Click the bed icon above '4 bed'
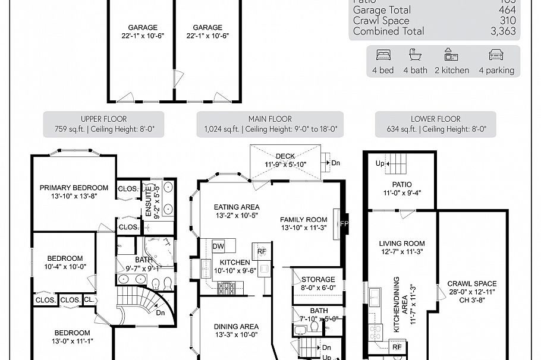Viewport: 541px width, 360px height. pyautogui.click(x=383, y=55)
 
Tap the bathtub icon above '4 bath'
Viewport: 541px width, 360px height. pyautogui.click(x=415, y=55)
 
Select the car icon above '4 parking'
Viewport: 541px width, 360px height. pyautogui.click(x=496, y=55)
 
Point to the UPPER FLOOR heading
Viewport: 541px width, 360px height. pyautogui.click(x=103, y=119)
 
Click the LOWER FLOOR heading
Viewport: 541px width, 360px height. pyautogui.click(x=436, y=119)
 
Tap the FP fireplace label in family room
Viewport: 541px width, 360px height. pyautogui.click(x=344, y=224)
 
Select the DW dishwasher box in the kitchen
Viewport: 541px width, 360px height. pyautogui.click(x=218, y=245)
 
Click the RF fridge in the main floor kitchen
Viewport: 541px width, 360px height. pyautogui.click(x=262, y=251)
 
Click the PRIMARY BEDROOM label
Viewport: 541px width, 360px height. pyautogui.click(x=74, y=188)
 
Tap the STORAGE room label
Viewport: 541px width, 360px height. pyautogui.click(x=318, y=280)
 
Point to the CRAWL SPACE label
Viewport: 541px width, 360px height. pyautogui.click(x=472, y=284)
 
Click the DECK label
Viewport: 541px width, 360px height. pyautogui.click(x=285, y=156)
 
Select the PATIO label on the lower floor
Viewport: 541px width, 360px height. pyautogui.click(x=402, y=185)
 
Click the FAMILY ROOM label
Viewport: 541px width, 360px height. pyautogui.click(x=304, y=219)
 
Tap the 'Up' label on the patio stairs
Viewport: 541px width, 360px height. pyautogui.click(x=380, y=163)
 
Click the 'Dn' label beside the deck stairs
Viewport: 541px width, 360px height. pyautogui.click(x=336, y=162)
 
